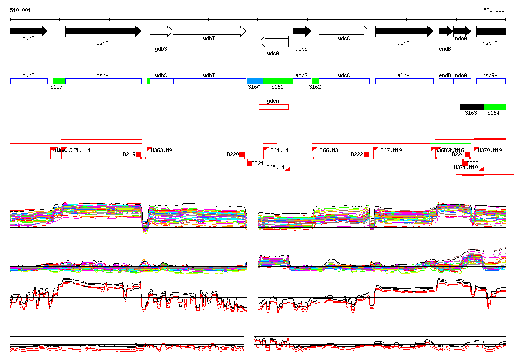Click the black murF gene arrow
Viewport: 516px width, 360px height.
click(x=28, y=31)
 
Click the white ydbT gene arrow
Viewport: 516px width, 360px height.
click(x=209, y=31)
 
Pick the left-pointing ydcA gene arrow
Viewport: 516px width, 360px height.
click(x=273, y=41)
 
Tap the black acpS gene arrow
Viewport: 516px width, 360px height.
click(x=302, y=31)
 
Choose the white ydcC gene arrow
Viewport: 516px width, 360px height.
click(x=344, y=31)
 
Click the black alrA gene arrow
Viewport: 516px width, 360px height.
click(x=404, y=31)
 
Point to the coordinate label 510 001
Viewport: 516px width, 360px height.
click(x=20, y=10)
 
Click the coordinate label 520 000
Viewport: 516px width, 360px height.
click(x=494, y=10)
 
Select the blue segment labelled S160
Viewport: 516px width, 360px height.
click(x=254, y=81)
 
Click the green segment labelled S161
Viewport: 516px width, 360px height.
click(x=278, y=81)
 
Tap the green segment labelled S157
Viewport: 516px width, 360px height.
click(x=59, y=81)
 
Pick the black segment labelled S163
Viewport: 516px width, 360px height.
click(x=472, y=107)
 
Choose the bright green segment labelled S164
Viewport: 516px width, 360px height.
click(x=494, y=107)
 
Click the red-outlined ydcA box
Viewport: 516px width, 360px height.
click(x=273, y=107)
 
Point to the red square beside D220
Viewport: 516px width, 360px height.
click(x=242, y=154)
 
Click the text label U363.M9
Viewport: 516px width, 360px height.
click(x=162, y=150)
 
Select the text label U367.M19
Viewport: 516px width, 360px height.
click(x=390, y=150)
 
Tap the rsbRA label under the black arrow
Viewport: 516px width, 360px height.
click(x=490, y=43)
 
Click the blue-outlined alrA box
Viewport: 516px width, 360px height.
click(x=404, y=81)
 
